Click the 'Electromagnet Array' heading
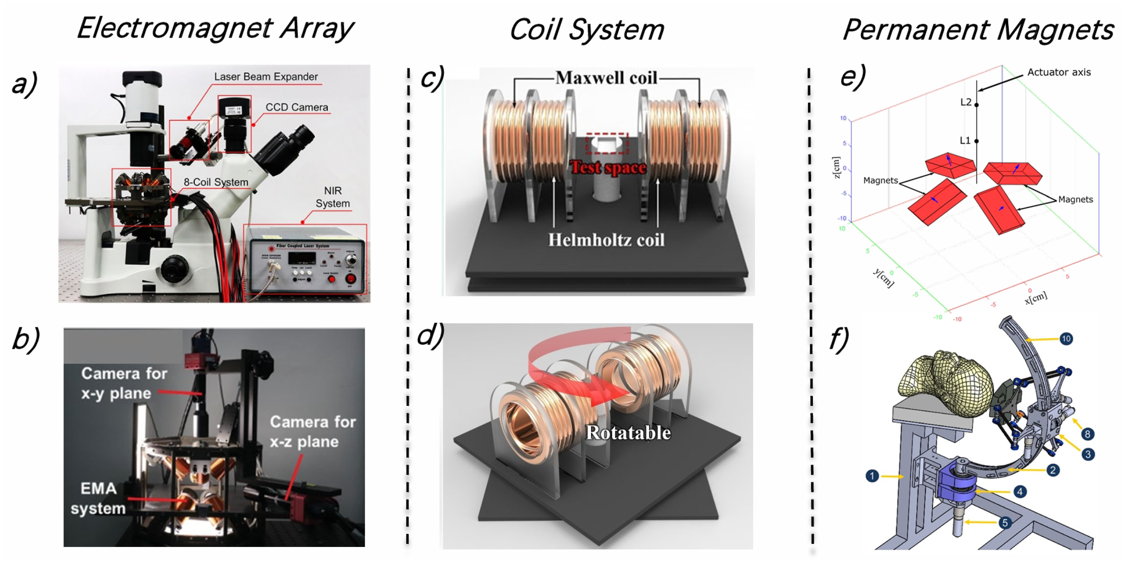[x=215, y=29]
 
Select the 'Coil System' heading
[x=586, y=29]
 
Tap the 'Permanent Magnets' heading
[x=978, y=29]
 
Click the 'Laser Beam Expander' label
[x=266, y=77]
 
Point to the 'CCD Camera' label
[x=297, y=107]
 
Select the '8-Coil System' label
[x=216, y=182]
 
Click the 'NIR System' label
[x=333, y=197]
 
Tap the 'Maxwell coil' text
[x=606, y=78]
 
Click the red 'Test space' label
[x=608, y=167]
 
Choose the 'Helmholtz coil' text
[x=606, y=240]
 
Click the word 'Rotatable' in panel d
[x=628, y=433]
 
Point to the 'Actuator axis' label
[x=1059, y=72]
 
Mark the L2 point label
[x=965, y=102]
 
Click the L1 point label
[x=965, y=141]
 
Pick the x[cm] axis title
[x=1036, y=298]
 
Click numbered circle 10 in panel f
[x=1066, y=338]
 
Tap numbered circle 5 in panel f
[x=1005, y=523]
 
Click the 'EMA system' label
[x=99, y=498]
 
